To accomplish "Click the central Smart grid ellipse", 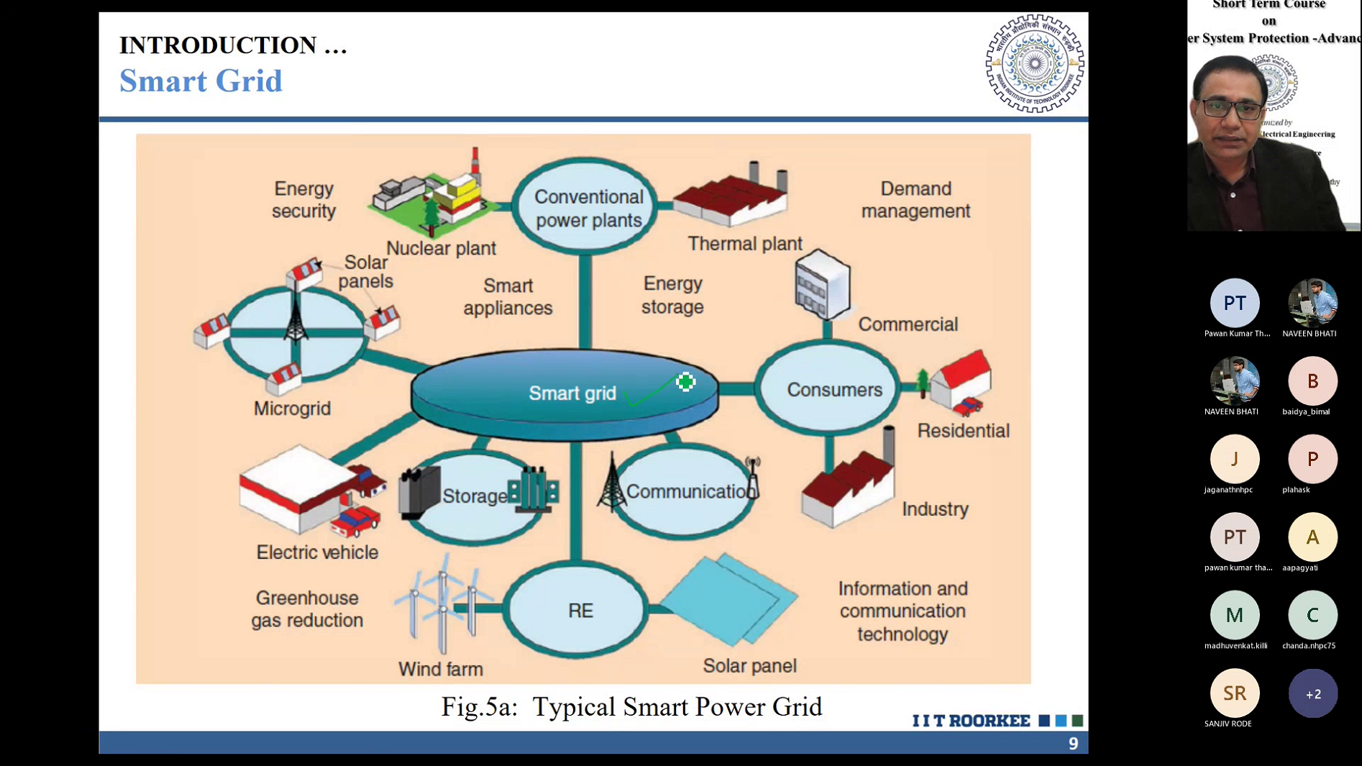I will [x=564, y=393].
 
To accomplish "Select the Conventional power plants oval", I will [x=586, y=207].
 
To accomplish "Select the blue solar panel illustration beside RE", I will [x=729, y=598].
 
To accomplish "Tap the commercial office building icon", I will [x=822, y=285].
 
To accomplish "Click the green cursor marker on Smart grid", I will [x=685, y=382].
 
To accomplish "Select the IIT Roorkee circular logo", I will [x=1034, y=63].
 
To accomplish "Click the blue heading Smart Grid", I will [x=201, y=81].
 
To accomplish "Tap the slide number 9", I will [x=1073, y=744].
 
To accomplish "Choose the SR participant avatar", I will [x=1234, y=693].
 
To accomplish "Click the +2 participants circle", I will [x=1312, y=693].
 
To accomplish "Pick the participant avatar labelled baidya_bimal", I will [x=1312, y=381].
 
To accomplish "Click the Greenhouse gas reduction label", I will [x=307, y=609].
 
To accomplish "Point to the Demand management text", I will [x=915, y=200].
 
